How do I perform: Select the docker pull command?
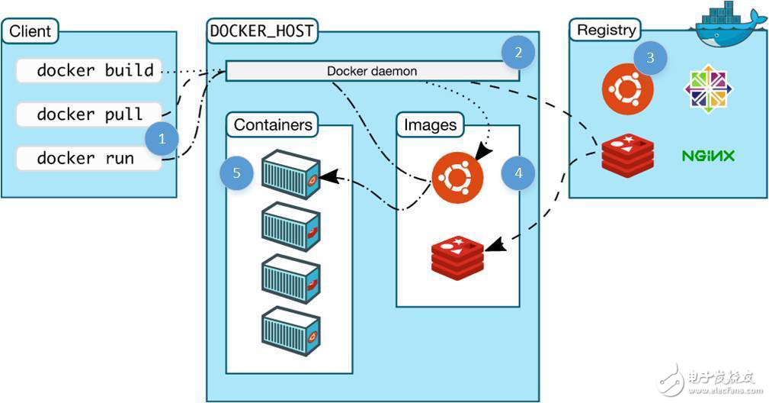(x=89, y=114)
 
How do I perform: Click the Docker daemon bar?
(x=372, y=71)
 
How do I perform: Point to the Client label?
(x=30, y=32)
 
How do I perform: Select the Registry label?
(x=606, y=31)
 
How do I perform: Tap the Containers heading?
(x=273, y=124)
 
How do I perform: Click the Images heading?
(x=431, y=124)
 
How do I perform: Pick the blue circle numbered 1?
(x=162, y=139)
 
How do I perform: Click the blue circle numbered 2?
(x=518, y=53)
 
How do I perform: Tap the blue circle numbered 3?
(x=649, y=58)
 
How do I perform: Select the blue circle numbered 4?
(x=518, y=173)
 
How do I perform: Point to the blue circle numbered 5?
(x=237, y=173)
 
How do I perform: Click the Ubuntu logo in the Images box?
(x=457, y=177)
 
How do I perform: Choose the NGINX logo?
(x=707, y=156)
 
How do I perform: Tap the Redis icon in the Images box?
(x=457, y=257)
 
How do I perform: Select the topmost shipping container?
(x=290, y=175)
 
